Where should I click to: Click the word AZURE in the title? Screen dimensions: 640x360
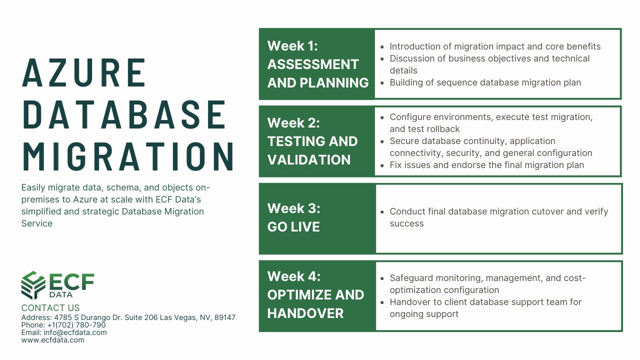click(x=83, y=72)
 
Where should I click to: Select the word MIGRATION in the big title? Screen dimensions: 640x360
click(x=128, y=156)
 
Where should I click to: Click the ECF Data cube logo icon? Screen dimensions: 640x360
click(x=33, y=285)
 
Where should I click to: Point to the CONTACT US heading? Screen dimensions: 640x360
click(x=50, y=307)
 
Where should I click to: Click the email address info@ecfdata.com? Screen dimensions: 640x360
click(x=75, y=332)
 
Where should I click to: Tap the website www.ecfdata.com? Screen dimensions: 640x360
click(x=53, y=340)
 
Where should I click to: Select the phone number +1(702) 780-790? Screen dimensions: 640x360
click(x=76, y=325)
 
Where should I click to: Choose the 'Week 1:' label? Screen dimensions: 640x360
click(x=292, y=45)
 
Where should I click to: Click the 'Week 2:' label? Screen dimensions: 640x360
click(x=293, y=123)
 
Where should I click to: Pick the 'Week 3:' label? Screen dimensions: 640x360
click(x=293, y=208)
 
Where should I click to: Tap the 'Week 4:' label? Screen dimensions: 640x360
click(x=294, y=276)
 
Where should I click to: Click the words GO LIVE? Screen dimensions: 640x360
click(x=293, y=227)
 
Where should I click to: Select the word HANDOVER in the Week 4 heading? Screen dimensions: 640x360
click(x=305, y=313)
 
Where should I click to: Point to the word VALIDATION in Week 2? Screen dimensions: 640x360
click(x=309, y=159)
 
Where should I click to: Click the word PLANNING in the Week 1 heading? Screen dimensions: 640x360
click(x=334, y=83)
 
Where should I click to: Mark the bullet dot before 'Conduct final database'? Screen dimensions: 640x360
click(x=382, y=212)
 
